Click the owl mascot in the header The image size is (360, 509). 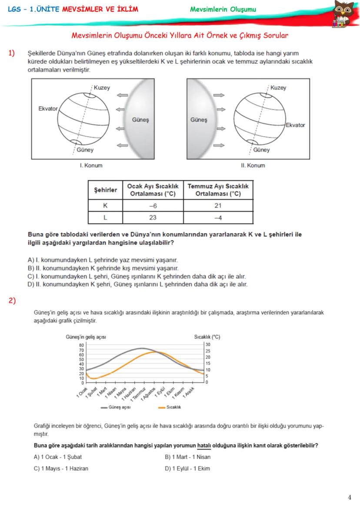pos(343,13)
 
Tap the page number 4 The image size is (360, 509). pos(350,497)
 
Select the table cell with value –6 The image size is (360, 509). pos(153,206)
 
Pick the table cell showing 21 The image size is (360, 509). pos(218,206)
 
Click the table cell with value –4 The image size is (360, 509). pos(218,217)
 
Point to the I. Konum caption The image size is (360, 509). pos(91,166)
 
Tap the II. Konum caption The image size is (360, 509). pos(253,166)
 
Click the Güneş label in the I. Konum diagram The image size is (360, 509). pos(140,120)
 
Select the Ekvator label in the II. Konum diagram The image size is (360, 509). pos(295,125)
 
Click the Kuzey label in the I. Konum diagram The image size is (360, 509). pos(102,88)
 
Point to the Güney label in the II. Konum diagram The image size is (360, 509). pos(261,150)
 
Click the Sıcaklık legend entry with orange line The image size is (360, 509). pos(169,407)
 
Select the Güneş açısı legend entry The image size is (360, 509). pos(116,407)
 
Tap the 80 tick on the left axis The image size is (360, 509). pos(81,344)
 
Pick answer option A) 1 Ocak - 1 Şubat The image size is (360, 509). pos(58,457)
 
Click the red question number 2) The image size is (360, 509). pos(12,300)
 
